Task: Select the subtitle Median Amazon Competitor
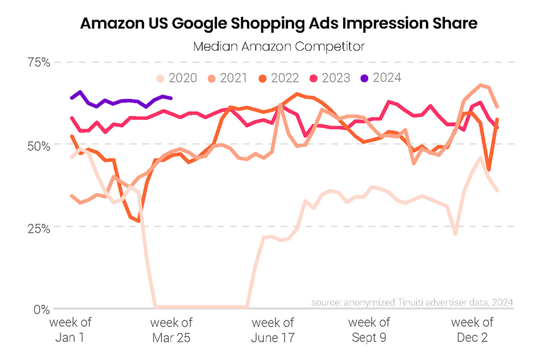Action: (278, 46)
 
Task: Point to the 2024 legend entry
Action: (382, 78)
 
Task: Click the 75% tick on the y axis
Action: (39, 62)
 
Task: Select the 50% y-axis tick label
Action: (39, 146)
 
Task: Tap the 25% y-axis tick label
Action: (39, 227)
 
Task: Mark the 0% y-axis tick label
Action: (42, 309)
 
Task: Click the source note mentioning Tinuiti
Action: (412, 302)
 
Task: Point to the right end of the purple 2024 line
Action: (171, 98)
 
